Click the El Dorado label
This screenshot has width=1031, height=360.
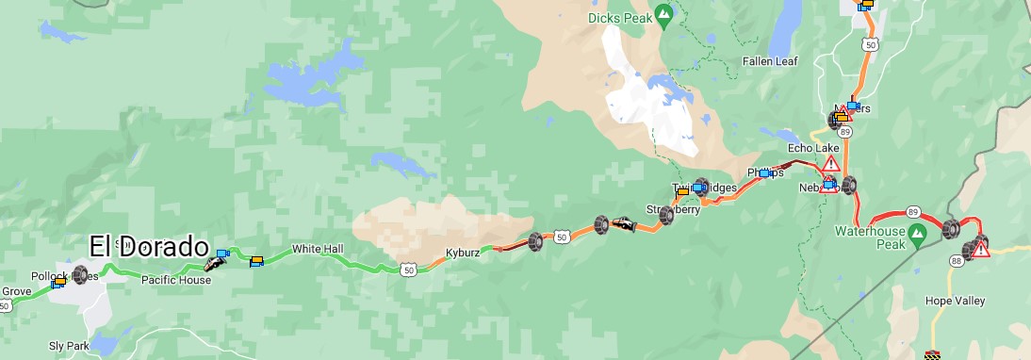[x=149, y=247]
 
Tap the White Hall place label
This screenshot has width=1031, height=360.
[x=318, y=249]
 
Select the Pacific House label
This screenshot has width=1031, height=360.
[x=175, y=280]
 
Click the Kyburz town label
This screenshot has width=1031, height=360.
[x=464, y=254]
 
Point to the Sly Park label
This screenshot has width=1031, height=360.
[x=69, y=347]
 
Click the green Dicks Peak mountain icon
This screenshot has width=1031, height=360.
[x=663, y=14]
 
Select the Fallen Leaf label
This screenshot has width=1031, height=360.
[x=769, y=61]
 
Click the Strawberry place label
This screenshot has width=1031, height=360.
[x=672, y=209]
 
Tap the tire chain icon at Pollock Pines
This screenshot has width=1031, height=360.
[x=80, y=274]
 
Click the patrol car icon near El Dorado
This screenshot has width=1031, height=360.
[x=215, y=263]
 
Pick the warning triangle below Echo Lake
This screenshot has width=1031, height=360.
[x=830, y=163]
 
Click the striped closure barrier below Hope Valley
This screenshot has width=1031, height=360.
[x=933, y=355]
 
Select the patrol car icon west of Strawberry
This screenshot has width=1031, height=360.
[x=622, y=223]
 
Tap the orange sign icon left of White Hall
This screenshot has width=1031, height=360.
[x=255, y=262]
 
